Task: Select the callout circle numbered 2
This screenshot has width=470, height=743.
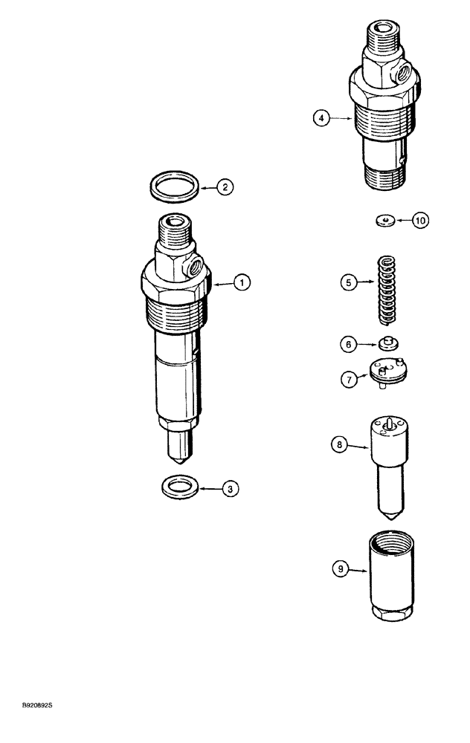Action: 224,188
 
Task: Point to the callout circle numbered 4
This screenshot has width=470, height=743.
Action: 321,117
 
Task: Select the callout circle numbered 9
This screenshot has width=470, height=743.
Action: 341,571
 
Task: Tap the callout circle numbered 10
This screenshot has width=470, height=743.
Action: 421,221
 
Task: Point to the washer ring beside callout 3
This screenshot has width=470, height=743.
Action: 178,488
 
